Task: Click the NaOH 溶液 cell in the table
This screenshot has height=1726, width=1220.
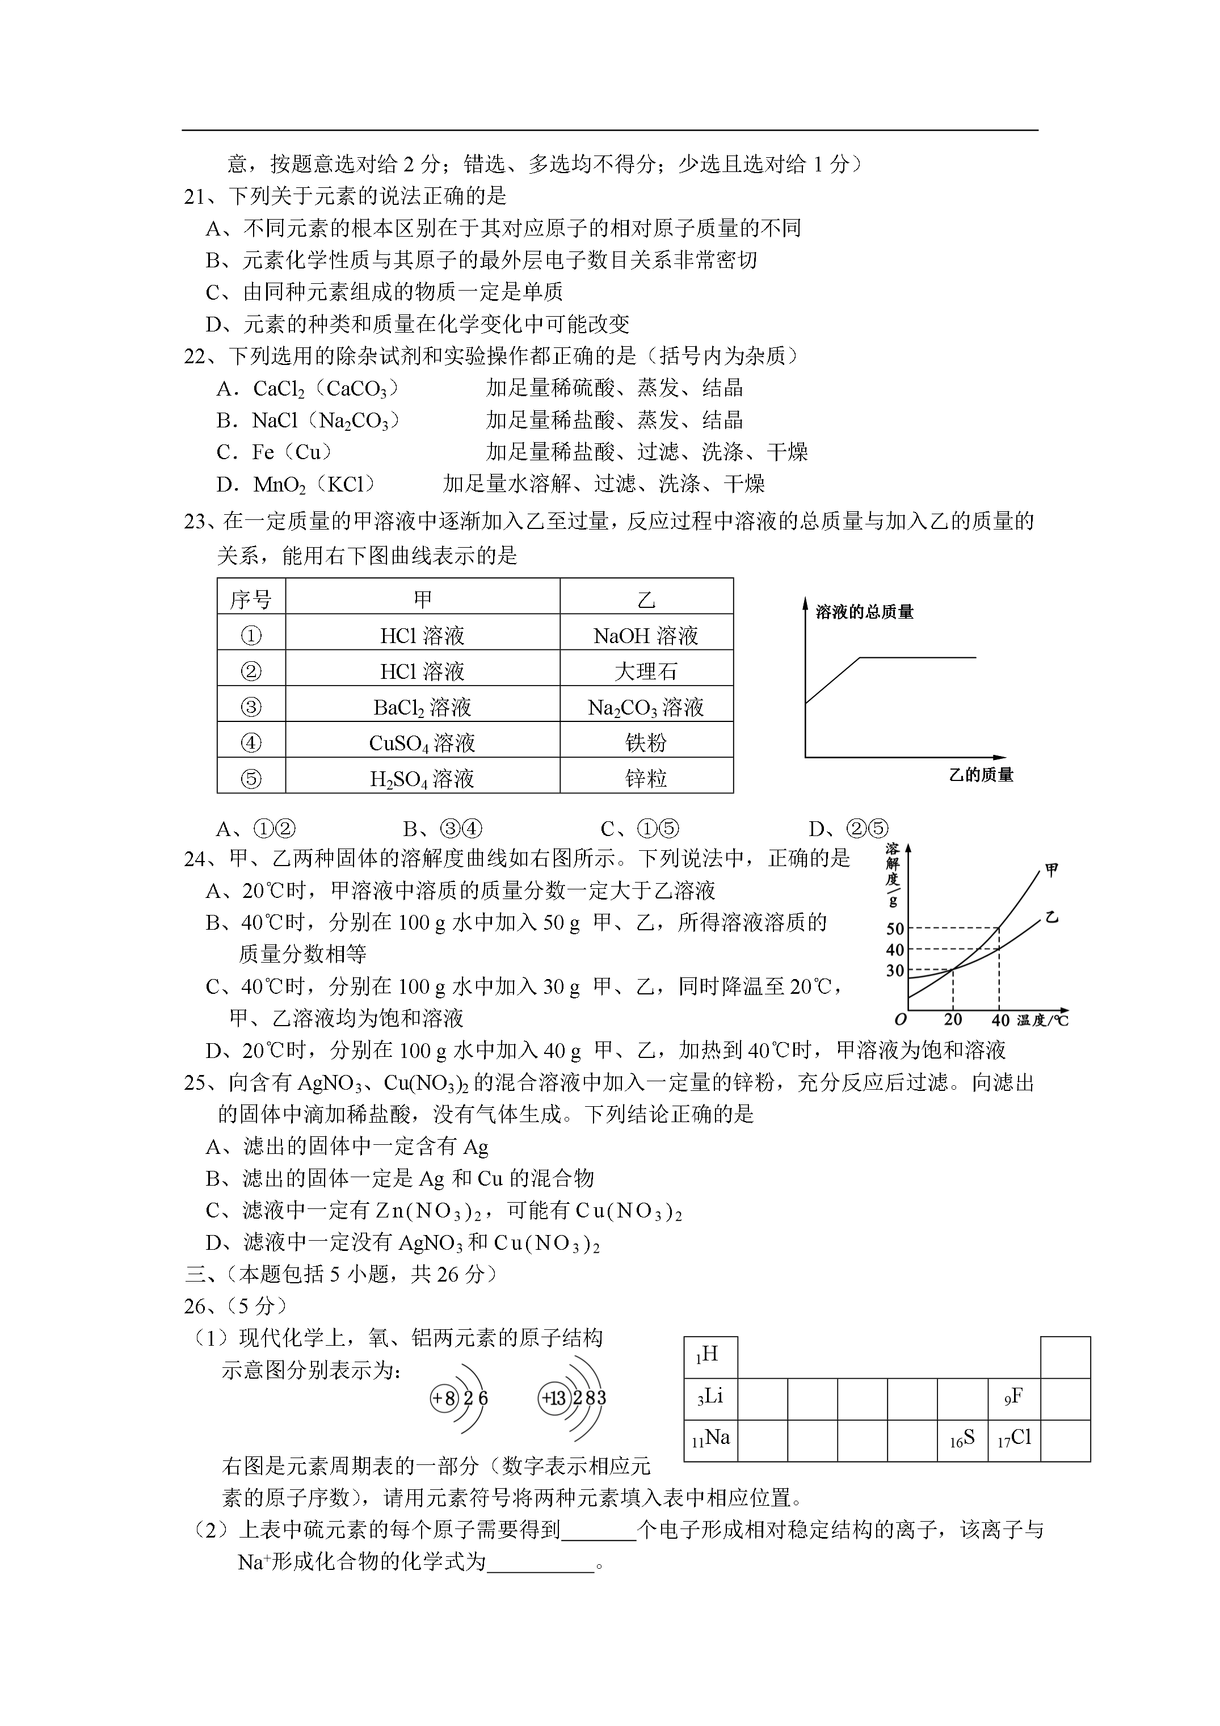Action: point(646,636)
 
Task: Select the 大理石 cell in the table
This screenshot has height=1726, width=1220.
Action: point(646,671)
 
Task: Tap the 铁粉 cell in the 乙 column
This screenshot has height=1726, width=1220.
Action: point(646,743)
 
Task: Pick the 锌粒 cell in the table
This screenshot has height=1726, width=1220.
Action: point(646,778)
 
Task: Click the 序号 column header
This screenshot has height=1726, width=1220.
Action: point(251,600)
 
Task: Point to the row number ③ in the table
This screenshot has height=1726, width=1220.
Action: point(251,707)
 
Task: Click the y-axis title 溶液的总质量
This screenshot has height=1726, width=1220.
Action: point(864,612)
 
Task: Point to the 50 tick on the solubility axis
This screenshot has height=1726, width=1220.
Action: point(894,929)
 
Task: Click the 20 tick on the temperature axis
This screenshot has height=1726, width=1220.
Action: point(953,1020)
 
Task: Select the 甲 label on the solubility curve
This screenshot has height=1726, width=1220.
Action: point(1051,871)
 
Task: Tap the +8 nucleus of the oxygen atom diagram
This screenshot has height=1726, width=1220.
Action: point(444,1399)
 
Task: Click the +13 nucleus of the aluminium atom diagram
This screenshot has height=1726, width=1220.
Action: point(553,1399)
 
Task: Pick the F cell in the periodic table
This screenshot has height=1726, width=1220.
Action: point(1013,1397)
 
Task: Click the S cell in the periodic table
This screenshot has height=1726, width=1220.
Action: point(962,1439)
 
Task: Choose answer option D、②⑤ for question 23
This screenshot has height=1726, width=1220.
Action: point(848,829)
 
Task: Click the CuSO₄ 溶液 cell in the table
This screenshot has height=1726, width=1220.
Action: point(422,743)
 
